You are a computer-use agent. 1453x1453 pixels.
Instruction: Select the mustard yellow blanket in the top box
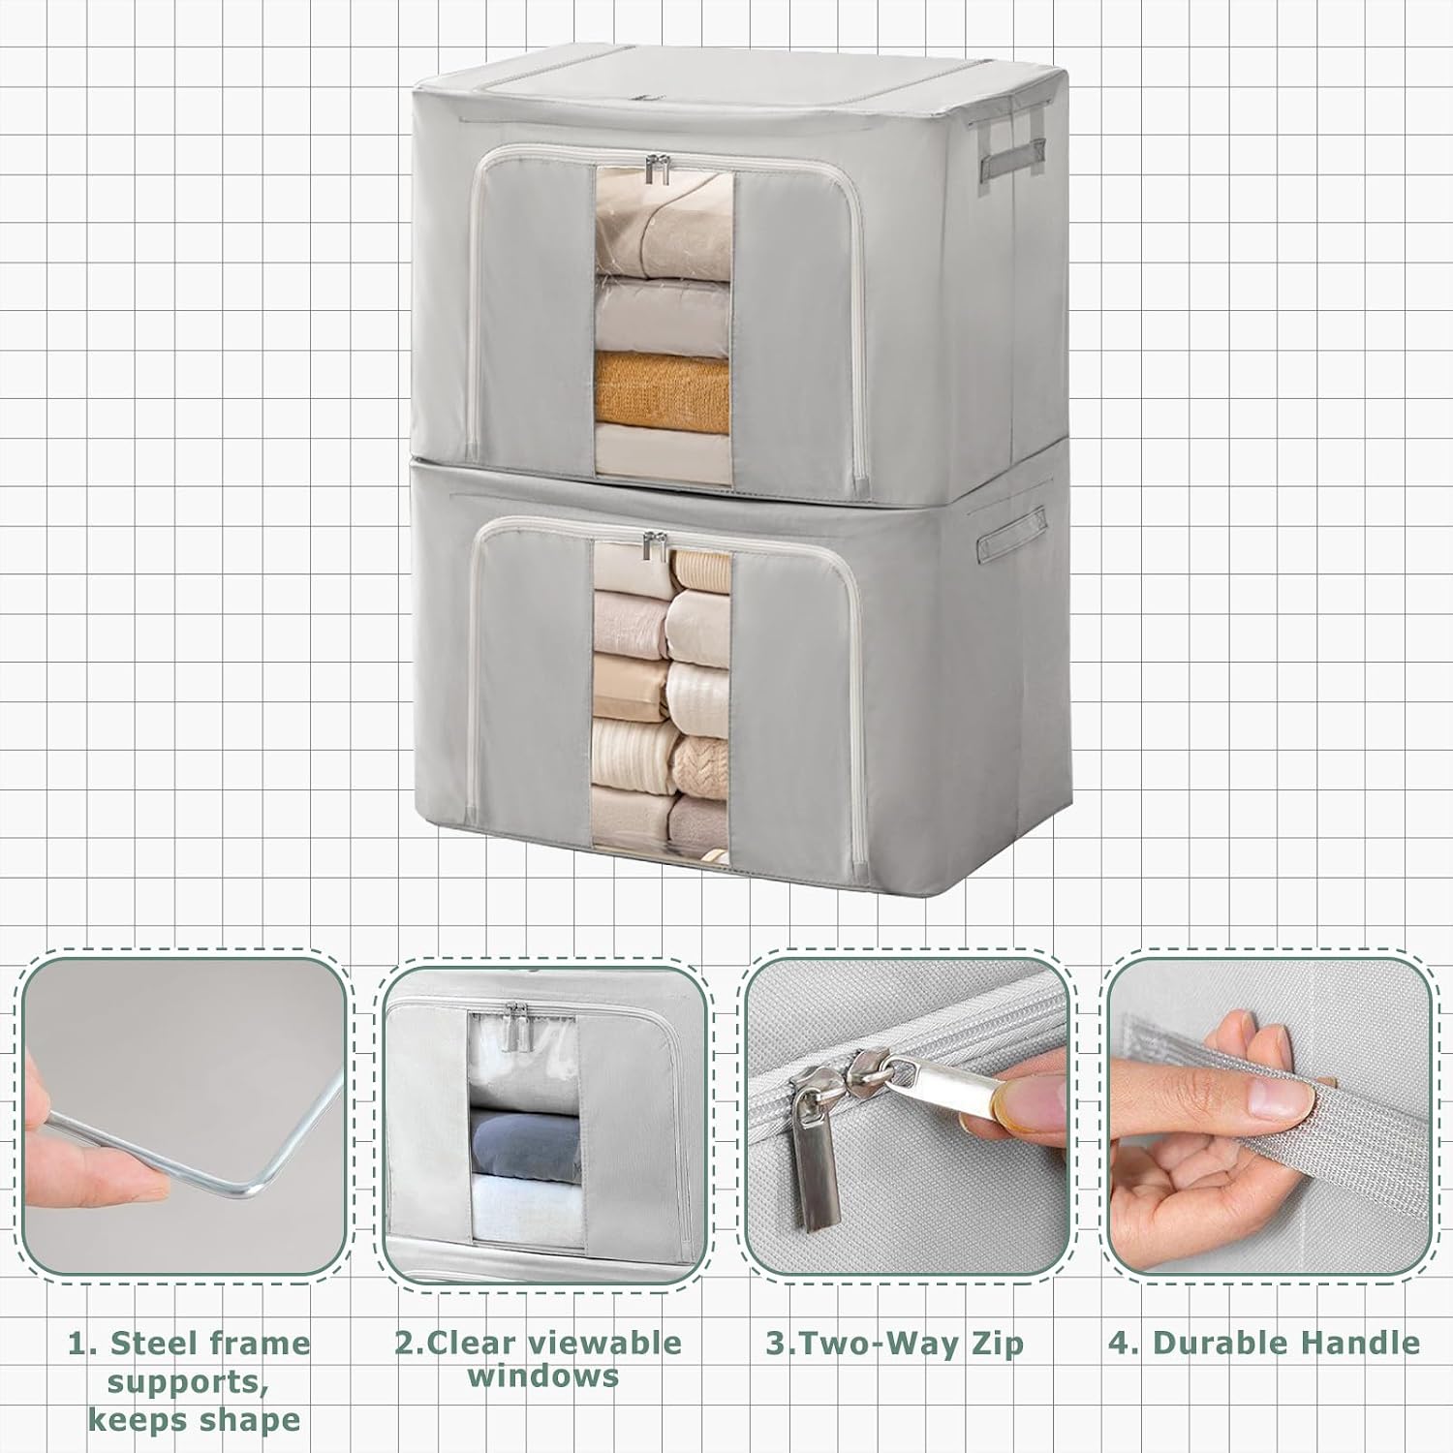663,391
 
